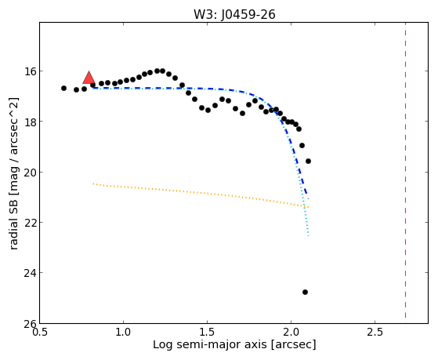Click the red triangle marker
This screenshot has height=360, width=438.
coord(89,78)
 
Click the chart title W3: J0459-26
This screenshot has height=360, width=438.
coord(234,15)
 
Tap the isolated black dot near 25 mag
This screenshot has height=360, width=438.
coord(305,292)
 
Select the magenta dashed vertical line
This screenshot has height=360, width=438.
coord(405,171)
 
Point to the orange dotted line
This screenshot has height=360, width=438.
coord(201,195)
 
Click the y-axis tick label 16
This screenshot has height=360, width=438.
coord(30,71)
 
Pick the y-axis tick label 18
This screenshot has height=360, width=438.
coord(30,122)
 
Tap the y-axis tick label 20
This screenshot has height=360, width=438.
coord(30,172)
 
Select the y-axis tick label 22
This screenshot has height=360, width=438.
coord(30,223)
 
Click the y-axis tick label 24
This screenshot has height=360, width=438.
coord(30,273)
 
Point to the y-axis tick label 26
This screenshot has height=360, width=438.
coord(30,324)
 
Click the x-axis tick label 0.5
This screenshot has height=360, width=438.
coord(40,332)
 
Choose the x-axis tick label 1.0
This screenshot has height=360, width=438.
coord(123,332)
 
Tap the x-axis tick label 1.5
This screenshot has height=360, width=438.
coord(208,332)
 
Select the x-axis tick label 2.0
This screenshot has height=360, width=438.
coord(291,332)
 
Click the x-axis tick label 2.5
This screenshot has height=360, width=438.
coord(375,332)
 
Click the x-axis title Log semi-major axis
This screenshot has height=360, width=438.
coord(209,344)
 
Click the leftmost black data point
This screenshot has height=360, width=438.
coord(63,88)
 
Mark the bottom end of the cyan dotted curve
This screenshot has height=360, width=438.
coord(309,236)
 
